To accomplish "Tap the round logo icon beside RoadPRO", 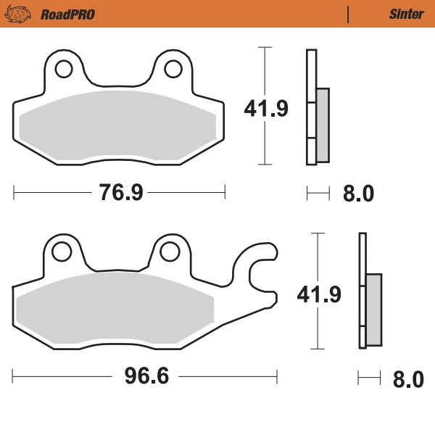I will pos(24,14).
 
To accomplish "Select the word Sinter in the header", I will pos(402,14).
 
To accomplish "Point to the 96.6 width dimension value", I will pos(142,378).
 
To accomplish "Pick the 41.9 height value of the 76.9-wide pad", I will pos(266,109).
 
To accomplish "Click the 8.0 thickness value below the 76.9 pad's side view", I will pos(357,194).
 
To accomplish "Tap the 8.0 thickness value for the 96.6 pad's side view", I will pos(407,378).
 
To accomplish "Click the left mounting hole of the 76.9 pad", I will pos(63,69).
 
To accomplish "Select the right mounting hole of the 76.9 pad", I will pos(173,69).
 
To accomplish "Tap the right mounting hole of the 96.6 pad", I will pos(170,252).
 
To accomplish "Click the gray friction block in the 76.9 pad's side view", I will pos(323,125).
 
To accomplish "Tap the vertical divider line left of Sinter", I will pos(349,14).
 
